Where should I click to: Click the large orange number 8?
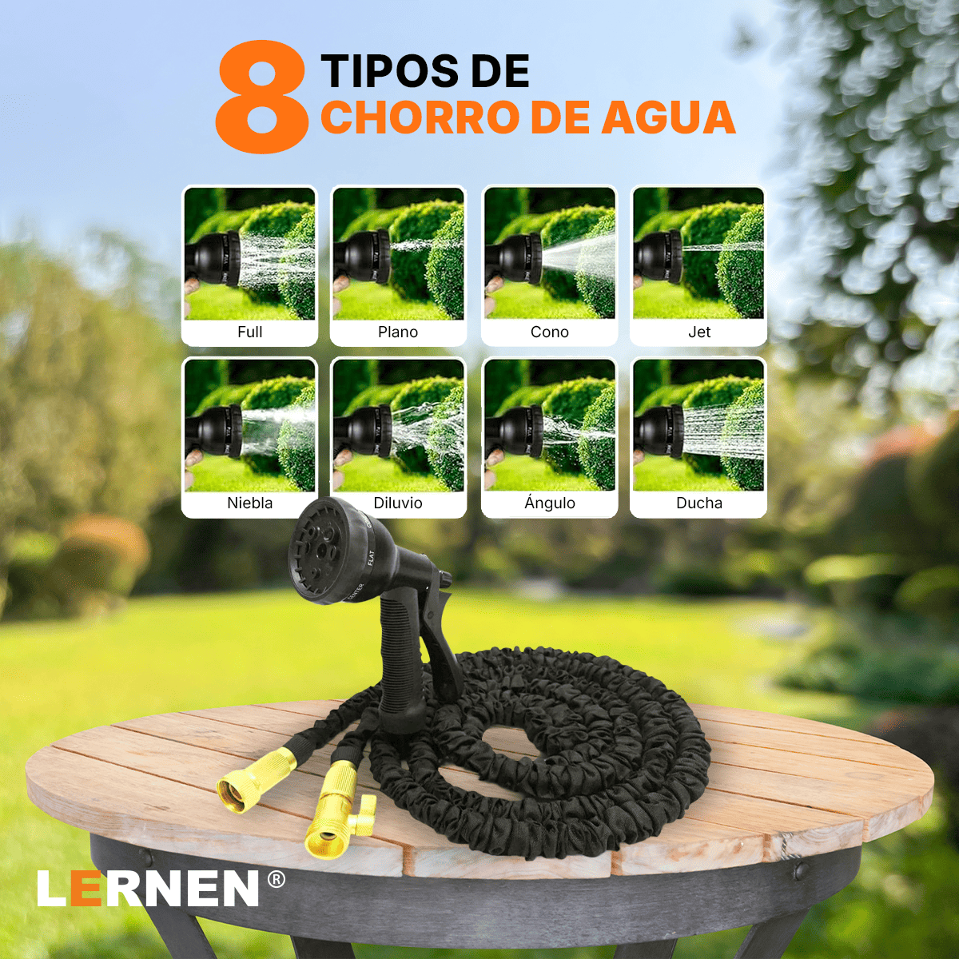pos(261,97)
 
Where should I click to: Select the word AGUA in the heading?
pos(668,117)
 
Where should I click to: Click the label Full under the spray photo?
pos(249,332)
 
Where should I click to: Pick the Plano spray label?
pos(398,332)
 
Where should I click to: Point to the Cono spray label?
pos(550,332)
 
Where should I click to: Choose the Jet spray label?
pos(699,332)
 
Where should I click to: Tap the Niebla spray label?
pos(249,503)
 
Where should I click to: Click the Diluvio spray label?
pos(398,503)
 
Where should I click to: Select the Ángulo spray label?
pos(550,503)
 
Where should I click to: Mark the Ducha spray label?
pos(699,503)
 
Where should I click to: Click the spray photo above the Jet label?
pos(698,253)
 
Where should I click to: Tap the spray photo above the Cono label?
pos(550,253)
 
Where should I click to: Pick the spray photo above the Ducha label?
pos(698,425)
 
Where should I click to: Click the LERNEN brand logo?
pos(149,889)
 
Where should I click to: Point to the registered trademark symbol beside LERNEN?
pos(276,880)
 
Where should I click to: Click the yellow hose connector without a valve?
pos(254,783)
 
